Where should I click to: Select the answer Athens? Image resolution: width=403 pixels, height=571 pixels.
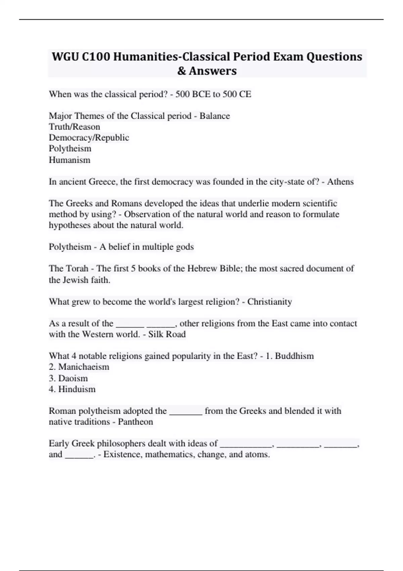click(x=340, y=182)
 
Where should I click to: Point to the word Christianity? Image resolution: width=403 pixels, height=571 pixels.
click(x=269, y=302)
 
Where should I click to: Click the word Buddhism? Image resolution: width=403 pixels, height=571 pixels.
click(x=294, y=356)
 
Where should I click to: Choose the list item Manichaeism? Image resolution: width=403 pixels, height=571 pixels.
click(x=84, y=367)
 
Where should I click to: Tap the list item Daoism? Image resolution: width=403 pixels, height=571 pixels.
click(x=73, y=378)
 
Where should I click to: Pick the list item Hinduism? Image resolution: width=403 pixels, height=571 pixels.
click(x=77, y=389)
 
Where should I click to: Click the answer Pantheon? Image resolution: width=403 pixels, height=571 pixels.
click(x=135, y=422)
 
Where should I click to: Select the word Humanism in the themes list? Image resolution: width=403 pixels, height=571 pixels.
click(x=70, y=160)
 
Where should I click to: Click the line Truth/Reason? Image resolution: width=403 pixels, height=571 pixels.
click(x=75, y=127)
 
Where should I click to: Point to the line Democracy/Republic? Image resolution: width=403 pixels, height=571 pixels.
click(x=89, y=138)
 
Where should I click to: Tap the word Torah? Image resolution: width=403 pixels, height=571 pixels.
click(x=77, y=268)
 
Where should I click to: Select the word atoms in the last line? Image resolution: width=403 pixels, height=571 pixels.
click(x=259, y=454)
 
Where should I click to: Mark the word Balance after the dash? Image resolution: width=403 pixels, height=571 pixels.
click(x=215, y=116)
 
